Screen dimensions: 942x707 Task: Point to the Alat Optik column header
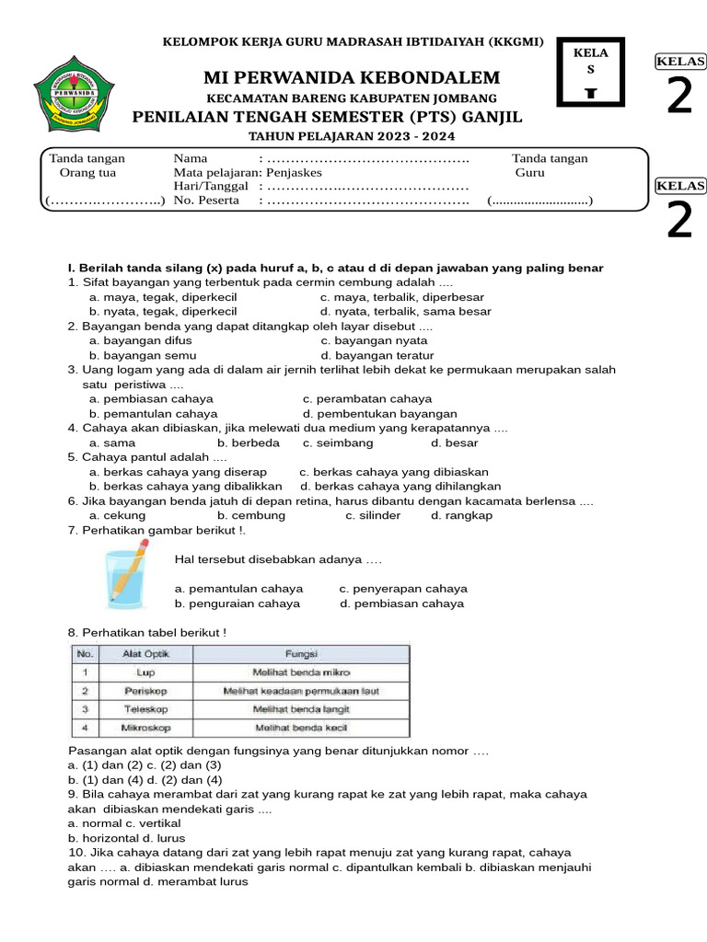[x=145, y=653]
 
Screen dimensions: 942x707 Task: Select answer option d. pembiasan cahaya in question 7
[x=401, y=603]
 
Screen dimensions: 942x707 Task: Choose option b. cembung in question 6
[x=251, y=515]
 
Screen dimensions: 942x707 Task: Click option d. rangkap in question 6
[x=461, y=515]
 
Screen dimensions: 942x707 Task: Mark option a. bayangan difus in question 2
[x=140, y=340]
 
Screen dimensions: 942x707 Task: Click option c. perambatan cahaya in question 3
[x=366, y=399]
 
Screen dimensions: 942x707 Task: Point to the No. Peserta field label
[x=206, y=201]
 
